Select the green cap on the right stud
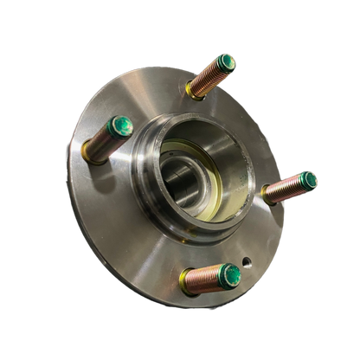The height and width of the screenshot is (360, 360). (308, 179)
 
